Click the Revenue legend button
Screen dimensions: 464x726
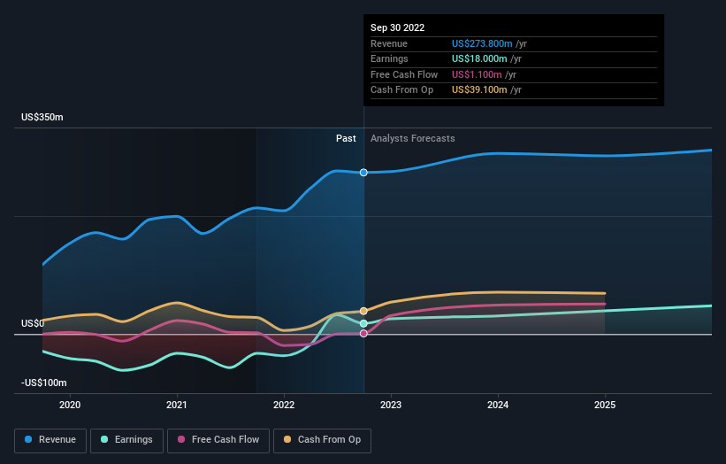51,439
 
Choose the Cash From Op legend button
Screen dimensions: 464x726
322,439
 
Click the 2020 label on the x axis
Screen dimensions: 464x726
70,405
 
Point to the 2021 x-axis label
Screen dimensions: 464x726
177,405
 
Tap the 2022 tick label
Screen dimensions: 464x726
284,405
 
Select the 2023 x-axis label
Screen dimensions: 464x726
391,405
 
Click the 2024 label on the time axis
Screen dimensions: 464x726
498,405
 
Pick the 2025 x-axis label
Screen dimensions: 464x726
605,405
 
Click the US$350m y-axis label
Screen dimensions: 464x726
42,118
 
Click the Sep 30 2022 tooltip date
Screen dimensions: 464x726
397,27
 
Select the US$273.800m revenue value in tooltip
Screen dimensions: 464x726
482,43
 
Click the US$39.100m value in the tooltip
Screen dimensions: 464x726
478,90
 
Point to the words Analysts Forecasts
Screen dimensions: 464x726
413,138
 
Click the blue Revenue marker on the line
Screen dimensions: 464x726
363,173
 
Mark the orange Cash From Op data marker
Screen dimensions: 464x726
363,311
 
